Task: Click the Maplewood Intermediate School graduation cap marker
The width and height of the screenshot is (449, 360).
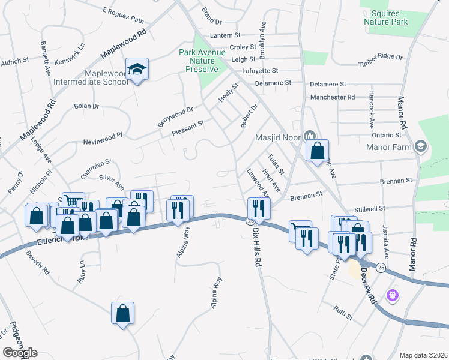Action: tap(137, 69)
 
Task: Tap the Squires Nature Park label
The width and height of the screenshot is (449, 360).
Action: tap(385, 17)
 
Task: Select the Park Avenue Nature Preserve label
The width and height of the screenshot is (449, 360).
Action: tap(202, 61)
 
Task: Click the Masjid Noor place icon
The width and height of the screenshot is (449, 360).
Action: tap(310, 134)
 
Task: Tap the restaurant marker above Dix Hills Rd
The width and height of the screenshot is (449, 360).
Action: tap(259, 208)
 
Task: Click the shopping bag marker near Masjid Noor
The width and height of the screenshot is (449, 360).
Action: tap(317, 151)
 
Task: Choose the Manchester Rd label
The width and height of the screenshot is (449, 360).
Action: tap(333, 97)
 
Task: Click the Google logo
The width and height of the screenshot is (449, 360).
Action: tap(20, 353)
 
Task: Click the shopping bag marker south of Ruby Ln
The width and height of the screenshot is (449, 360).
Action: tap(122, 313)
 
